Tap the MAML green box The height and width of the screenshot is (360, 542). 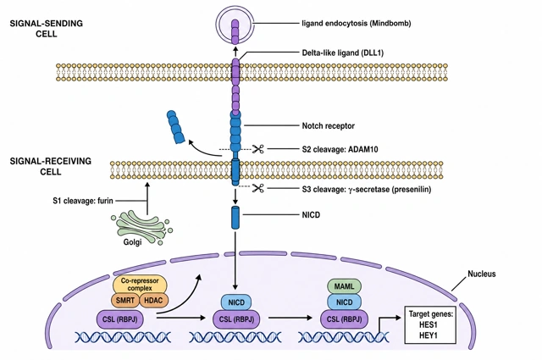pyautogui.click(x=345, y=286)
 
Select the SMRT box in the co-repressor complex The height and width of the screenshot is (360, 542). pyautogui.click(x=125, y=300)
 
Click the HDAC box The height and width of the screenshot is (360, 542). pyautogui.click(x=153, y=300)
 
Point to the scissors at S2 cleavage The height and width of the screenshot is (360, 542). pyautogui.click(x=257, y=149)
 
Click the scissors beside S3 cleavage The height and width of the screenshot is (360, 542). pyautogui.click(x=257, y=188)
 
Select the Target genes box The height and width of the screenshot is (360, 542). pyautogui.click(x=430, y=324)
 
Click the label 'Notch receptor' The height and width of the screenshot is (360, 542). pyautogui.click(x=328, y=125)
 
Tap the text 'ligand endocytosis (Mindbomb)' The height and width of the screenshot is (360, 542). pyautogui.click(x=357, y=24)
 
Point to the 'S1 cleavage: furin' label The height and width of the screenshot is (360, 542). pyautogui.click(x=83, y=201)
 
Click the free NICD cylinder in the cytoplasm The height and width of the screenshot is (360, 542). pyautogui.click(x=235, y=218)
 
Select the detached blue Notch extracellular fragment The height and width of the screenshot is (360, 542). pyautogui.click(x=176, y=127)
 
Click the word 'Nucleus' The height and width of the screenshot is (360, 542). pyautogui.click(x=482, y=274)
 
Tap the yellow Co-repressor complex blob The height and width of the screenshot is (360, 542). pyautogui.click(x=140, y=285)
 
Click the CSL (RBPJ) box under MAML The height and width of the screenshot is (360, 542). pyautogui.click(x=345, y=318)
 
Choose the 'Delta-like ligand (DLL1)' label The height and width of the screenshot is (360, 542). pyautogui.click(x=342, y=53)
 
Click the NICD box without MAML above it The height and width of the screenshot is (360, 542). pyautogui.click(x=236, y=303)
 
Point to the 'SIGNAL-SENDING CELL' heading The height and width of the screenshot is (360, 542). pyautogui.click(x=47, y=29)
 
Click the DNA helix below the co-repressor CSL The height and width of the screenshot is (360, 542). pyautogui.click(x=123, y=337)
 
